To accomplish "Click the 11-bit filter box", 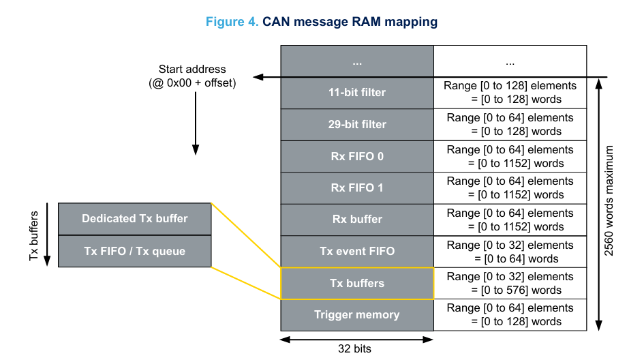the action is coord(357,93).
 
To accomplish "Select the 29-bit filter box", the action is coord(357,124).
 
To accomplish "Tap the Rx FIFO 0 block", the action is coord(357,157).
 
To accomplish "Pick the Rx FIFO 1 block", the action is coord(357,187).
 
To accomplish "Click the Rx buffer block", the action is coord(357,220).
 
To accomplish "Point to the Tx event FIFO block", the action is coord(357,251).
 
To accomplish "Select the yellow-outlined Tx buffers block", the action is coord(357,284).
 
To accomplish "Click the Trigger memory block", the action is coord(357,315).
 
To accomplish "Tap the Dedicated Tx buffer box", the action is coord(135,219).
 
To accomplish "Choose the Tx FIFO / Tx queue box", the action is coord(135,251).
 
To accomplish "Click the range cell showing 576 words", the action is coord(510,284).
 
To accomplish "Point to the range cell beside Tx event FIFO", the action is coord(510,252).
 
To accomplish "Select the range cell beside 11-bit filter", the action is coord(510,93).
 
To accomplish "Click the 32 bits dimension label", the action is coord(354,349).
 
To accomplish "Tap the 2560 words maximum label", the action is coord(609,200).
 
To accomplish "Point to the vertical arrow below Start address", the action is coord(196,123).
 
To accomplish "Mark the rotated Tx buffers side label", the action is coord(34,236).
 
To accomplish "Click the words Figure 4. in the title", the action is coord(232,22).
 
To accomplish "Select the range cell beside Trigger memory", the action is coord(510,315).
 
